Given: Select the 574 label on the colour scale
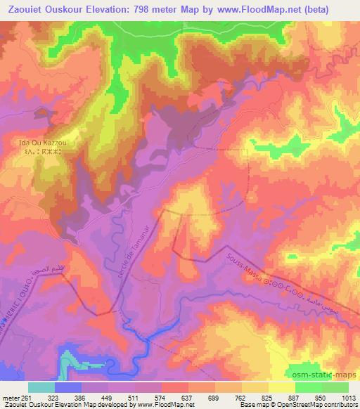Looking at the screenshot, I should (163, 397).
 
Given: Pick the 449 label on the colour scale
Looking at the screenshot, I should (110, 397).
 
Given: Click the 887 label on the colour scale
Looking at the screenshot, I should (295, 397).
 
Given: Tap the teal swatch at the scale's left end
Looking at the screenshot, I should (41, 387).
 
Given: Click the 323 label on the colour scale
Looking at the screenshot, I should (56, 397).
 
